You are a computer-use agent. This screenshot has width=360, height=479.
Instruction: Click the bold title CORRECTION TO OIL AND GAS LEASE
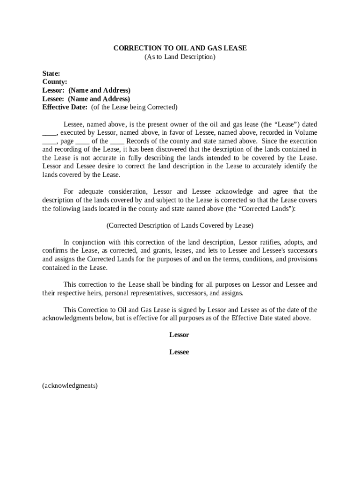pos(180,48)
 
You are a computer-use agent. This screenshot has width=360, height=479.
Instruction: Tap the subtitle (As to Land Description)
pos(180,57)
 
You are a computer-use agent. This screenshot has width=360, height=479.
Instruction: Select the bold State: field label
pos(51,73)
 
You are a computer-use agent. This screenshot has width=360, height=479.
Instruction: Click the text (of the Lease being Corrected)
pos(134,107)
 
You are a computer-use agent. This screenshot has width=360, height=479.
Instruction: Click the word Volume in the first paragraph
pos(306,133)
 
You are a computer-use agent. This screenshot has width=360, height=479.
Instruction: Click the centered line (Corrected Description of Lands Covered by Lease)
pos(180,225)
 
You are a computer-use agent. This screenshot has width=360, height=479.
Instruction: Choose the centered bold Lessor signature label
pos(179,335)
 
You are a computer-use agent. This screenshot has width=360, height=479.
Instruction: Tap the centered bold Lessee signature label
pos(179,352)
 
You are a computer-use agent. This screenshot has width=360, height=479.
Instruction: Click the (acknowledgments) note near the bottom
pos(70,386)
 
